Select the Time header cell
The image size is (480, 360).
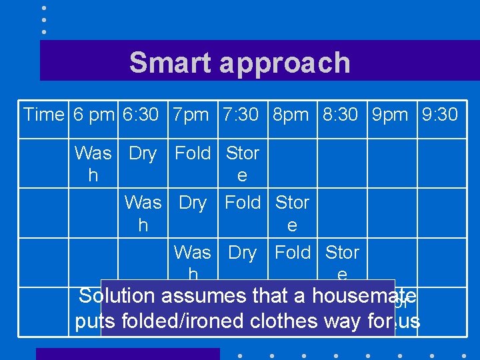pyautogui.click(x=43, y=115)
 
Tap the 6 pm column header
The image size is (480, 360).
pyautogui.click(x=94, y=115)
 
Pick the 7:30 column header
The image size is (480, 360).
pyautogui.click(x=242, y=115)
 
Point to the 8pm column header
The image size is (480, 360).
pyautogui.click(x=291, y=115)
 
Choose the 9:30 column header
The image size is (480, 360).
pyautogui.click(x=440, y=115)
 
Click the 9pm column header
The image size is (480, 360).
pyautogui.click(x=391, y=115)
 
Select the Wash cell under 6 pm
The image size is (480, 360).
pyautogui.click(x=93, y=164)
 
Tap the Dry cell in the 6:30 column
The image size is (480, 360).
pyautogui.click(x=143, y=154)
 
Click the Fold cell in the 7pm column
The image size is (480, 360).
pyautogui.click(x=193, y=154)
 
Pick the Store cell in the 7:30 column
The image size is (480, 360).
pyautogui.click(x=243, y=164)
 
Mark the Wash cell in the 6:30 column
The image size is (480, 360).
pyautogui.click(x=143, y=213)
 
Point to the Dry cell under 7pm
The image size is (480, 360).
pyautogui.click(x=193, y=203)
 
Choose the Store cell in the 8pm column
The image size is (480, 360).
pyautogui.click(x=293, y=213)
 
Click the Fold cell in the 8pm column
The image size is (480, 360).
pyautogui.click(x=293, y=253)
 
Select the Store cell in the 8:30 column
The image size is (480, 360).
pyautogui.click(x=342, y=263)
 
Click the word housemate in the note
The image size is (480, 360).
pyautogui.click(x=364, y=296)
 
